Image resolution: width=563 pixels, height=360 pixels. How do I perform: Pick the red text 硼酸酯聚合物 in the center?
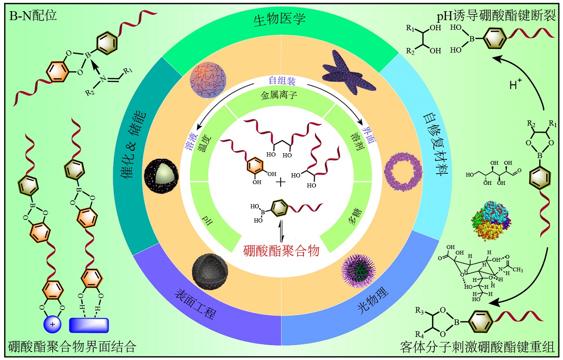[x=281, y=251]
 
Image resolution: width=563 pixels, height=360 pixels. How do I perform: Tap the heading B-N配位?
[x=33, y=15]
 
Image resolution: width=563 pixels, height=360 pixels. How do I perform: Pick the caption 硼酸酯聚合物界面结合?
[x=72, y=347]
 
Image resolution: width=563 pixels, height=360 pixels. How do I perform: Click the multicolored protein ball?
[x=489, y=219]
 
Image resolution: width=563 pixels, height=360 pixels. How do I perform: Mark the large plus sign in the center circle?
[x=281, y=182]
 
